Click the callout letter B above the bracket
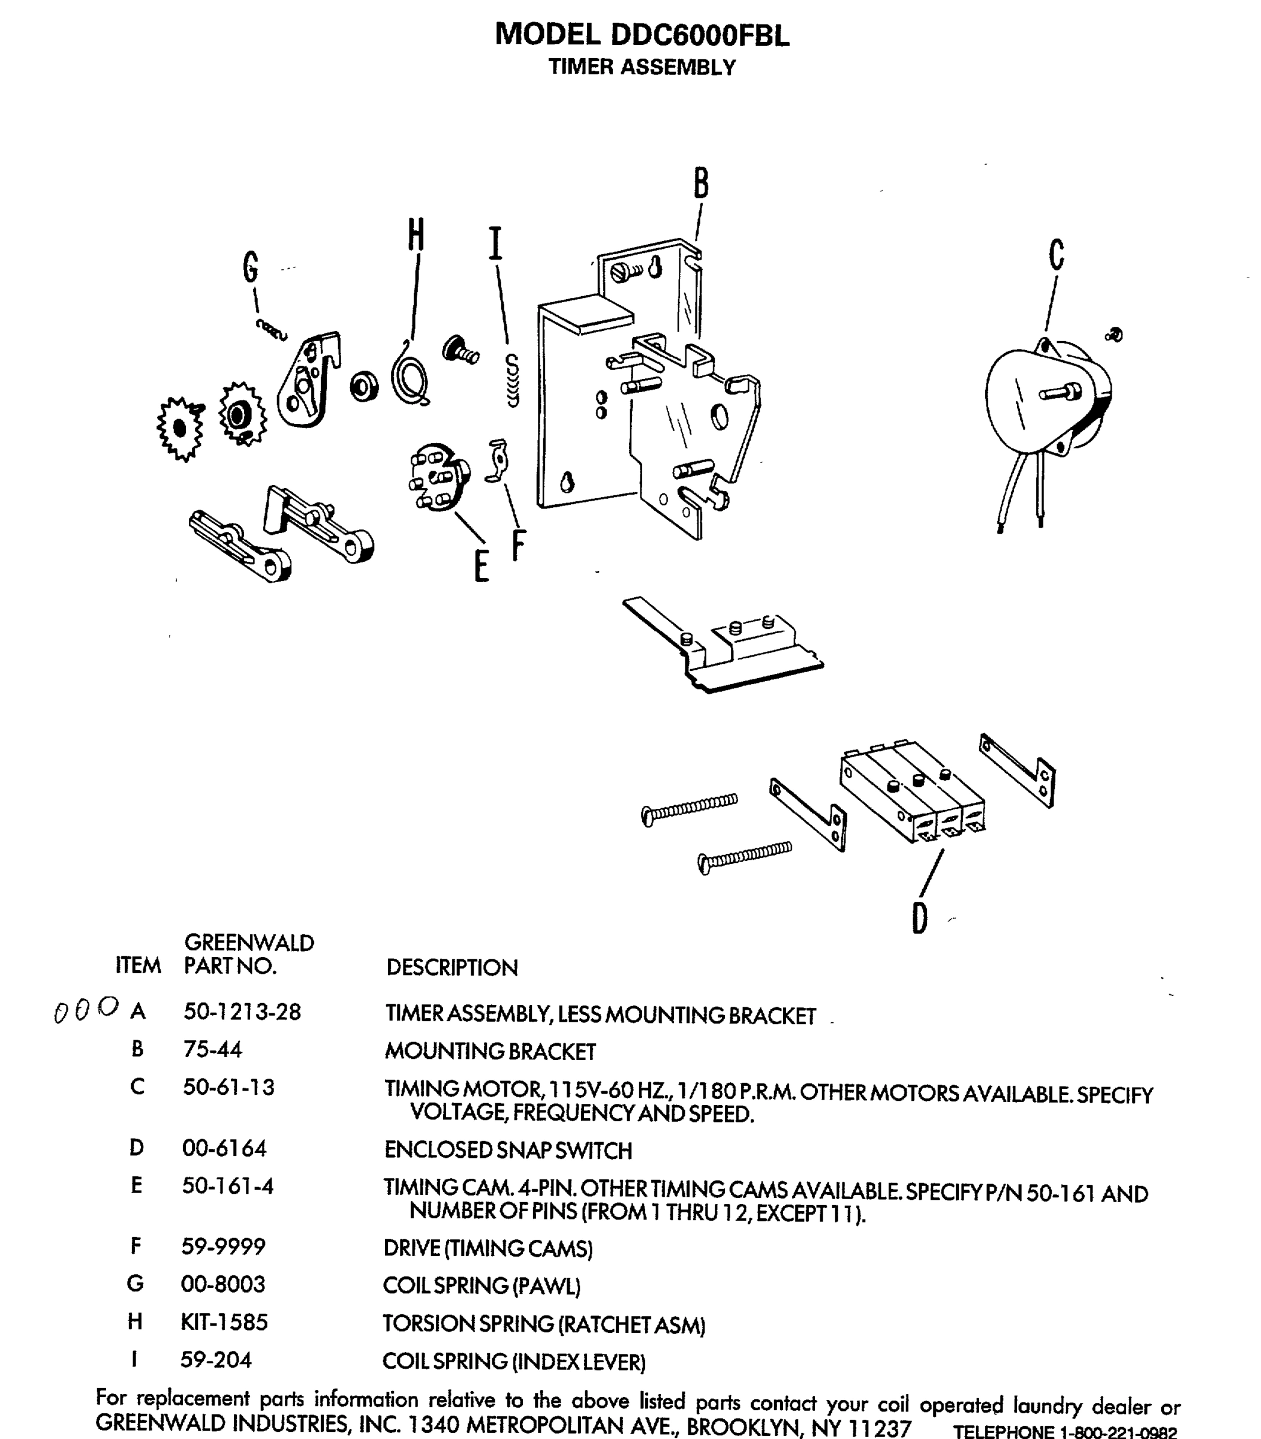[x=700, y=183]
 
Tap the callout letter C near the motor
[x=1055, y=255]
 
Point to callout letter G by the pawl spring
[x=251, y=267]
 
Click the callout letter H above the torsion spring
[x=416, y=234]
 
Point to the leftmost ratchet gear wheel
[x=180, y=428]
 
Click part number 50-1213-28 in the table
[x=242, y=1012]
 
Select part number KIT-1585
[x=224, y=1321]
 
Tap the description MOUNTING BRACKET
[x=490, y=1051]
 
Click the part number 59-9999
[x=223, y=1246]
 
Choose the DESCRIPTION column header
[x=452, y=968]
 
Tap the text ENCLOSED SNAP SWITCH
[x=507, y=1151]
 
